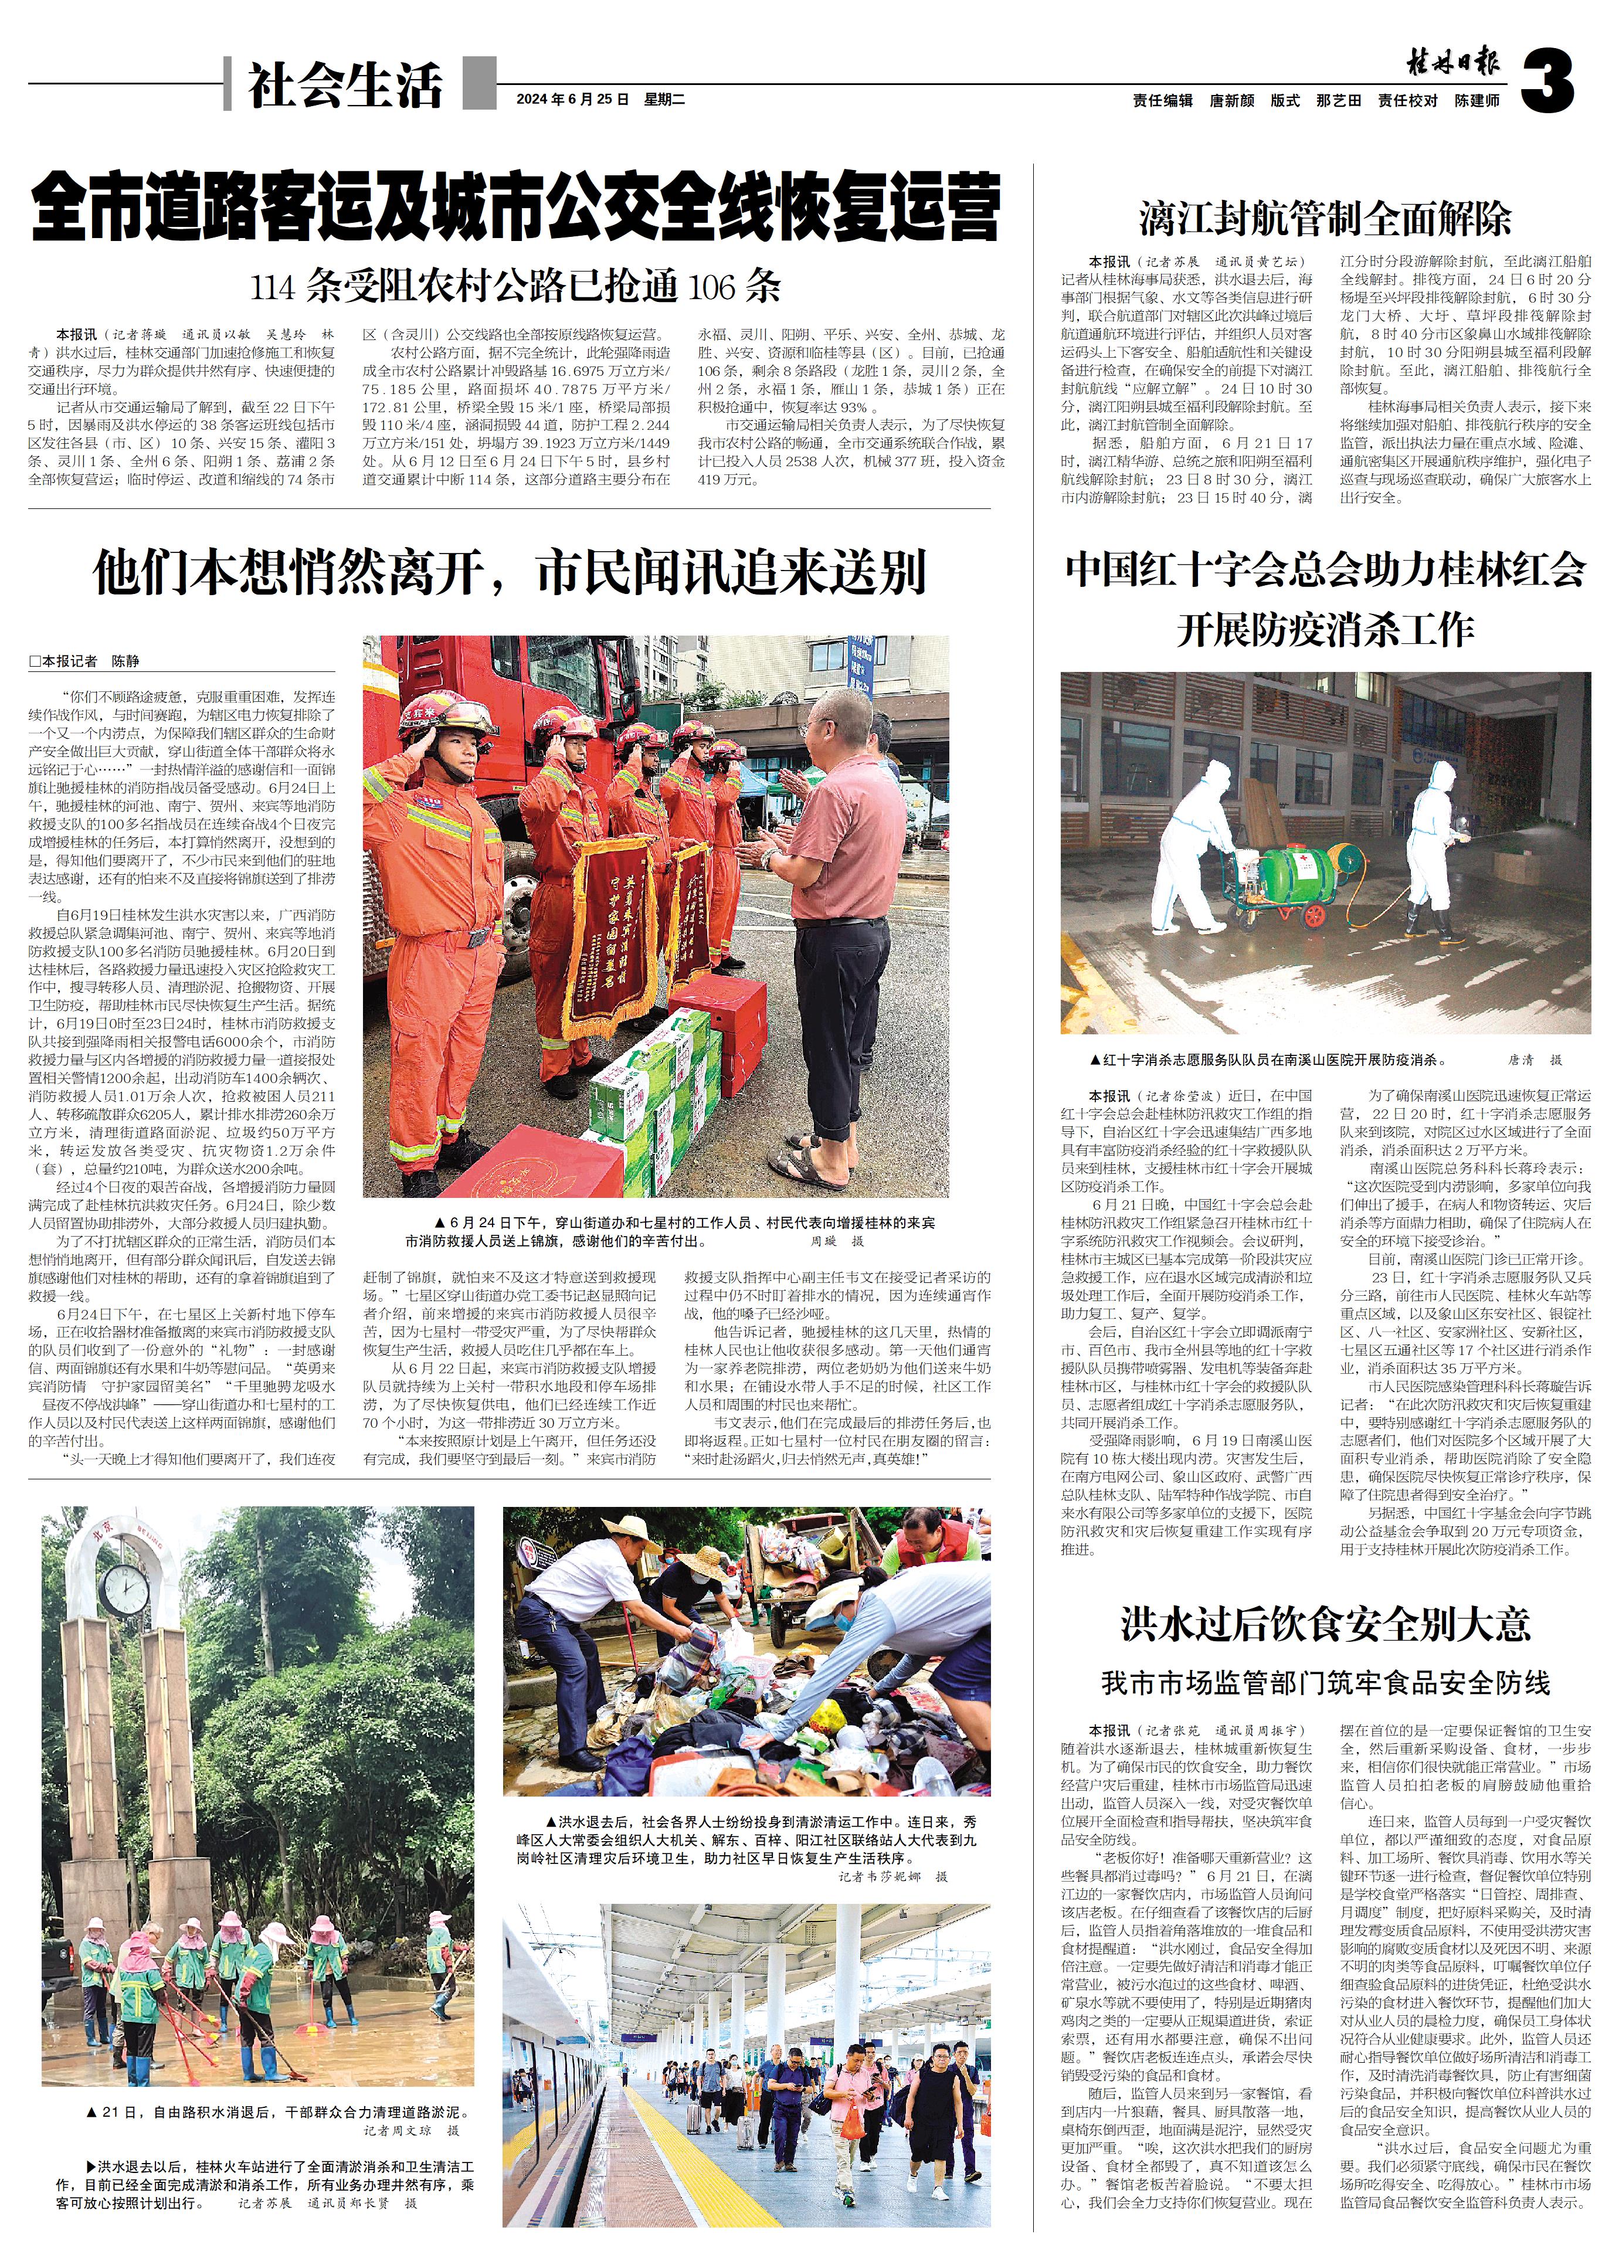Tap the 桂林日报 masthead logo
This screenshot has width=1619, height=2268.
click(x=1454, y=64)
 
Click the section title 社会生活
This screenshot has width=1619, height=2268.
click(x=345, y=85)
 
